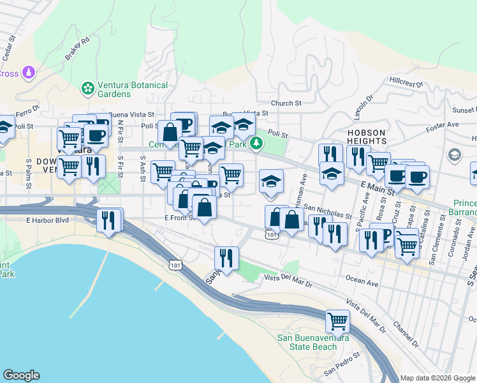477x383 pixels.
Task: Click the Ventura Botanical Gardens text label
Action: coord(132,89)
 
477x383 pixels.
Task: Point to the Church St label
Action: coord(286,103)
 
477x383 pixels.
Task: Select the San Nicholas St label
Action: coord(327,211)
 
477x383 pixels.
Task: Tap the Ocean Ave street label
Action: coord(362,279)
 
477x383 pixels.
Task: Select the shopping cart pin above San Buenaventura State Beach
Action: coord(337,320)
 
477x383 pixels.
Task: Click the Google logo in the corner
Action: coord(21,375)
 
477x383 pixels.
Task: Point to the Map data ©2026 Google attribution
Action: coord(437,378)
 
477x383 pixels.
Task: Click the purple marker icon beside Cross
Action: coord(28,73)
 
